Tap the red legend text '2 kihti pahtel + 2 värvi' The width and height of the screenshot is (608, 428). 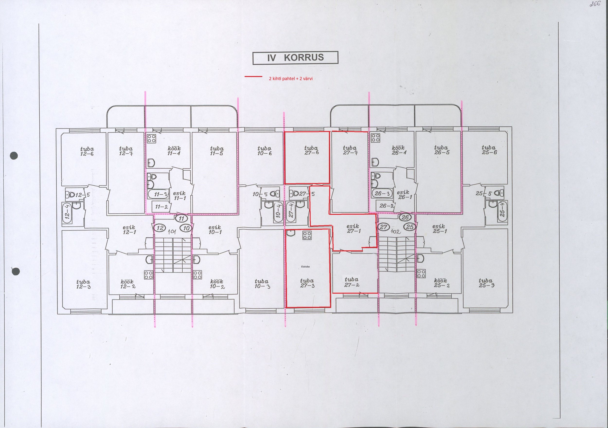click(290, 79)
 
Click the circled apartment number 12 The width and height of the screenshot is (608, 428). click(160, 228)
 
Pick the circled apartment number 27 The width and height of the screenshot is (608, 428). click(384, 227)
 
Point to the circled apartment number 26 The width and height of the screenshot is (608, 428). click(405, 218)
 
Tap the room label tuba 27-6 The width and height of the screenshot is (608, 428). click(311, 150)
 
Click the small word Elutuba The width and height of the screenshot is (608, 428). click(305, 267)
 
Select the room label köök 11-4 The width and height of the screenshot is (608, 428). click(174, 151)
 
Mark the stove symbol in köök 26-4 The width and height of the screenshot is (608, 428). click(376, 138)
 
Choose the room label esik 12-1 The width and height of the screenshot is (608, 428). click(129, 230)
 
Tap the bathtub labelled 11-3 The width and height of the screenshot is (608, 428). click(158, 194)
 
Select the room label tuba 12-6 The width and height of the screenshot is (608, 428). click(87, 151)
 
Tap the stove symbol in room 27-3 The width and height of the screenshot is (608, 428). click(307, 235)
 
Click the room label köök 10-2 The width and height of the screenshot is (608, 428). click(217, 284)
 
